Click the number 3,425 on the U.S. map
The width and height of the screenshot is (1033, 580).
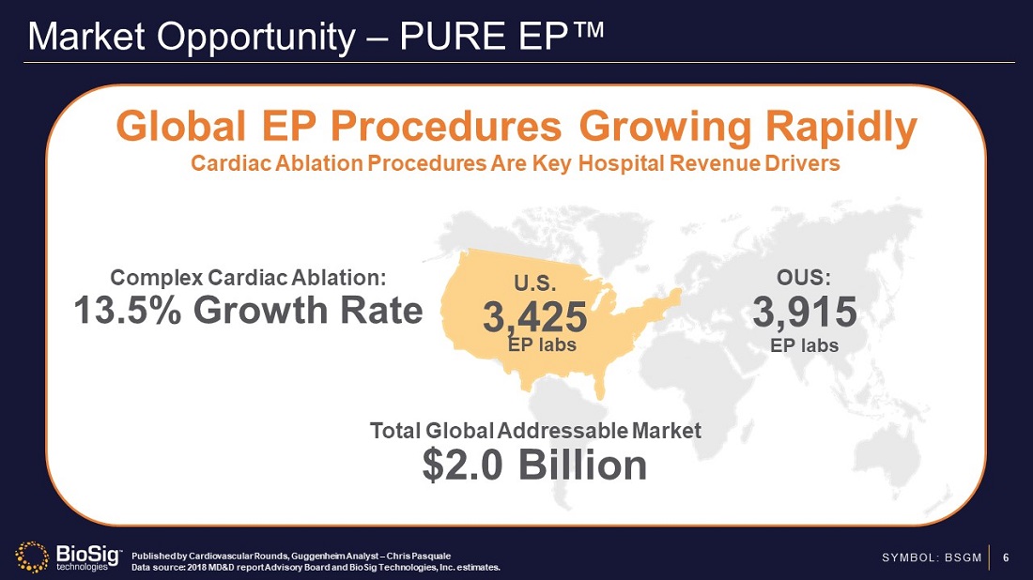click(x=534, y=315)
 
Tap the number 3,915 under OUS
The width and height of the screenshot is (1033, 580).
click(x=804, y=312)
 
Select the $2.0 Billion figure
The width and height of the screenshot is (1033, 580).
click(x=534, y=466)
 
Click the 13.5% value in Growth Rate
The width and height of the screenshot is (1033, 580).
click(x=131, y=310)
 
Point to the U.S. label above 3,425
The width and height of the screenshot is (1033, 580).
click(x=535, y=282)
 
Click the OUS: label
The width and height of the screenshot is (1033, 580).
click(x=804, y=278)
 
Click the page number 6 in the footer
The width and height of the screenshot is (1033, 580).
click(x=1006, y=558)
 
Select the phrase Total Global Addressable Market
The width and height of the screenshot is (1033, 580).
click(x=535, y=431)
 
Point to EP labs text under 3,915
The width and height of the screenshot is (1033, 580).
click(x=804, y=345)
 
